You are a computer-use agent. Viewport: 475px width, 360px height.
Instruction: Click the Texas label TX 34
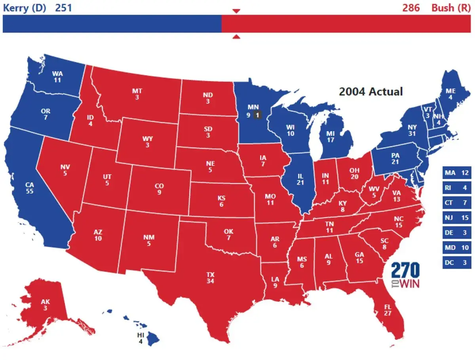(x=210, y=278)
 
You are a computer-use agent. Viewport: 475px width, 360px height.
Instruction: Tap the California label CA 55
(x=29, y=188)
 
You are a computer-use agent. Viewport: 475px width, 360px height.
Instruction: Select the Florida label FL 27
(x=388, y=310)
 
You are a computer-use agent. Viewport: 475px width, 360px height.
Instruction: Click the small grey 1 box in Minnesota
(x=257, y=115)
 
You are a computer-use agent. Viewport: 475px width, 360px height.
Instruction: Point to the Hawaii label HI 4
(x=141, y=338)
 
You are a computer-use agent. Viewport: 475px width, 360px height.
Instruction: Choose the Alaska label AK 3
(x=45, y=305)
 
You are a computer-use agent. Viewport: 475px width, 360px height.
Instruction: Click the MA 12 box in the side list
(x=456, y=173)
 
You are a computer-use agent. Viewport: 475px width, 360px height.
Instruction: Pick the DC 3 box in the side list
(x=456, y=263)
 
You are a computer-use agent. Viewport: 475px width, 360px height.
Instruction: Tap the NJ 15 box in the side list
(x=456, y=218)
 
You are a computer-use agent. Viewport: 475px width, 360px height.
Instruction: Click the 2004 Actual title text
(x=370, y=91)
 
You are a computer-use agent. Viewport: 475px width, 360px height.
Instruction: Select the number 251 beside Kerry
(x=63, y=8)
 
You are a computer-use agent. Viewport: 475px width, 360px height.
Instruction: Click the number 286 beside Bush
(x=411, y=8)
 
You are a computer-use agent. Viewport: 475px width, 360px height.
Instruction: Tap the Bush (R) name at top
(x=451, y=8)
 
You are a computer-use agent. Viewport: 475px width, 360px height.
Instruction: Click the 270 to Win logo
(x=405, y=275)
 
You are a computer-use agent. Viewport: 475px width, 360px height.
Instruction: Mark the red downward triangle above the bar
(x=236, y=11)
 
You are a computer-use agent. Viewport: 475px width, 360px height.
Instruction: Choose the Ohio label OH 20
(x=354, y=173)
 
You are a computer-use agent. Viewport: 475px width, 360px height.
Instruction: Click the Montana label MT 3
(x=137, y=94)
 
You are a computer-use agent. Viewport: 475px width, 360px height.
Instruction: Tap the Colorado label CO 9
(x=159, y=189)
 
